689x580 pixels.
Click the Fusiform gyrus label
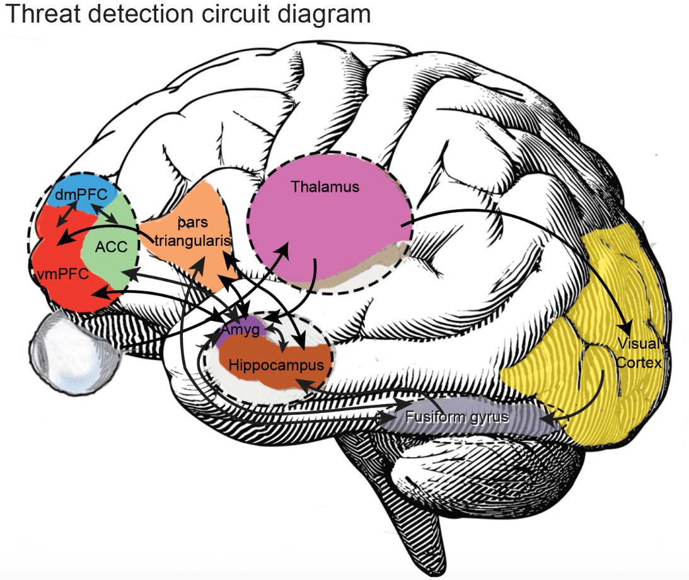click(457, 417)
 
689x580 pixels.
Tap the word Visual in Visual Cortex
click(638, 344)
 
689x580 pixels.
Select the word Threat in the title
click(42, 14)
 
